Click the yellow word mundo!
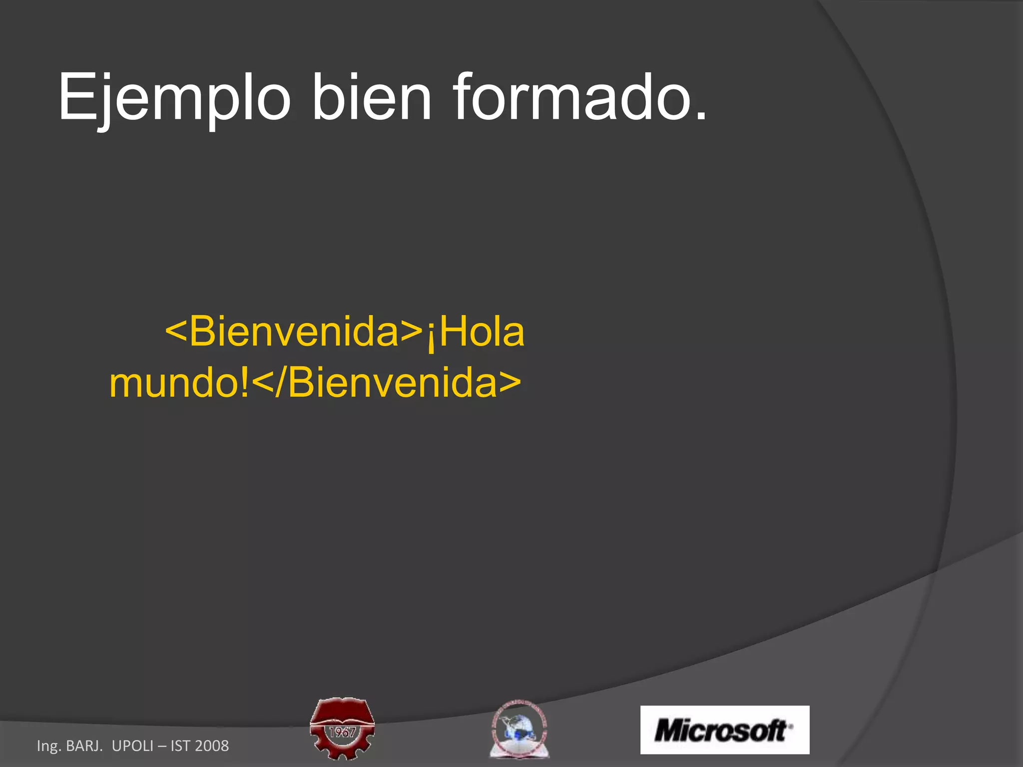click(179, 383)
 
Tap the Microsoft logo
click(724, 730)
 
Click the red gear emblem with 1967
click(342, 729)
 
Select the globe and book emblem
click(519, 729)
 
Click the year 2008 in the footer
click(212, 746)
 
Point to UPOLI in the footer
click(132, 746)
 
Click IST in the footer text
click(180, 746)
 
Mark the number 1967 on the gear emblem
click(342, 733)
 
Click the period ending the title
click(701, 116)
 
